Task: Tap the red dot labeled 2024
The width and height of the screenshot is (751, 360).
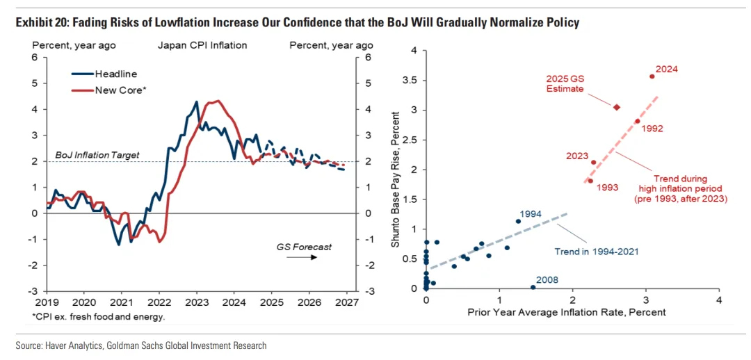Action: tap(652, 76)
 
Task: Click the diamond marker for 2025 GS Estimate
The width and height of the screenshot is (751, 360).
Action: tap(616, 107)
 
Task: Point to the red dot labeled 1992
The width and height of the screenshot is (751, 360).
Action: tap(637, 121)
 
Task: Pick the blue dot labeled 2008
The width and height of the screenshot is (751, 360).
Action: tap(533, 287)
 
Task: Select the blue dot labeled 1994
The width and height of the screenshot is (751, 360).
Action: tap(518, 221)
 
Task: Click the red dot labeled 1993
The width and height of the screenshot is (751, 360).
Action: tap(590, 181)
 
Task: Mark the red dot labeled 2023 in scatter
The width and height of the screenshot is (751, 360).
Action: tap(593, 163)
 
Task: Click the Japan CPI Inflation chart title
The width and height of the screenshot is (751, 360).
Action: tap(202, 46)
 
